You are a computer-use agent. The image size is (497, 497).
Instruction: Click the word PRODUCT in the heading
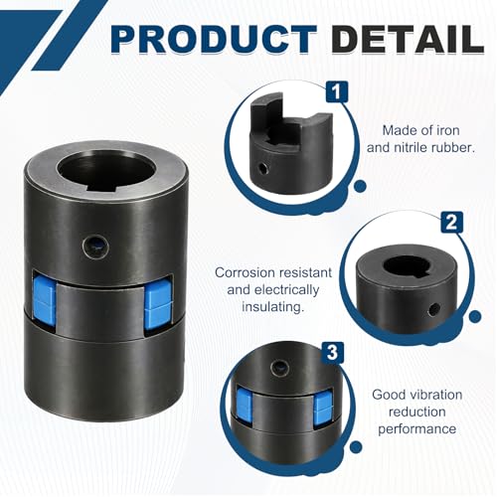click(214, 39)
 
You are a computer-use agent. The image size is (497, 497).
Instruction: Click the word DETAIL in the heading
click(409, 39)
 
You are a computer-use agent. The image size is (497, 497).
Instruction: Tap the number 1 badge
click(337, 91)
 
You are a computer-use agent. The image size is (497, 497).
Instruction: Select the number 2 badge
click(451, 223)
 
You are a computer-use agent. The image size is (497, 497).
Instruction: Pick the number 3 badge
click(332, 353)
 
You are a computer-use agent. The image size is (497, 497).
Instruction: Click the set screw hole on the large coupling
click(96, 247)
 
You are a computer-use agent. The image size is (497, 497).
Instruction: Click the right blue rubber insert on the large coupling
click(158, 303)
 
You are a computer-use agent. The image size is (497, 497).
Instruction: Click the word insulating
click(272, 307)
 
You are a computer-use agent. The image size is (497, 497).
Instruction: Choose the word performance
click(417, 428)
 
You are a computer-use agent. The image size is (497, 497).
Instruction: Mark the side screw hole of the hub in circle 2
click(433, 310)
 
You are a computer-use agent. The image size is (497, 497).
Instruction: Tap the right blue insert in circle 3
click(321, 406)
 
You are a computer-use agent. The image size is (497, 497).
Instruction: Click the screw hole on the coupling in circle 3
click(279, 369)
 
